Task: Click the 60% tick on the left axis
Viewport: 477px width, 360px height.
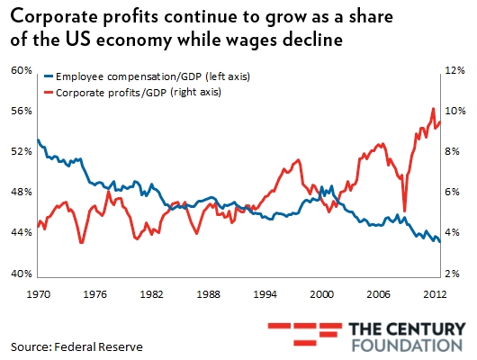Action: pos(21,70)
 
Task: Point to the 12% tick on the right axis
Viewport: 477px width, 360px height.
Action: pos(454,70)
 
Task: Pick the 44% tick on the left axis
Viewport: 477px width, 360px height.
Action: pos(21,232)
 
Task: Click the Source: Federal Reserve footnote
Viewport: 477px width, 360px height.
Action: pos(76,346)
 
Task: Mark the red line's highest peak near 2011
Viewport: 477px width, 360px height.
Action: pos(433,109)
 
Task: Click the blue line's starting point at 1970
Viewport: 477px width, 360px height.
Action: pos(38,139)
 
